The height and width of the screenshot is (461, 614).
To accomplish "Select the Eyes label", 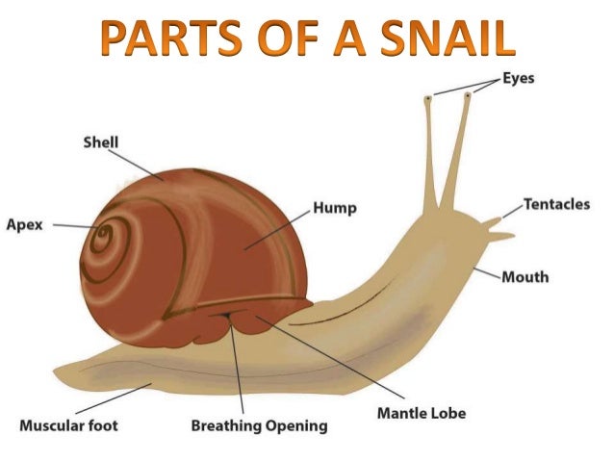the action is click(516, 78).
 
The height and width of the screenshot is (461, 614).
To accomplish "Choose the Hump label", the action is click(335, 208).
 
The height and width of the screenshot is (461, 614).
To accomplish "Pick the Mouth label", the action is click(524, 277).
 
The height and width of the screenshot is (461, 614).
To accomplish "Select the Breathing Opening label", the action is click(259, 424).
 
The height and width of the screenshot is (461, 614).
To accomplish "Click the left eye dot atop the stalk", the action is click(428, 96).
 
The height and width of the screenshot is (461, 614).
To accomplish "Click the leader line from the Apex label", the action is click(72, 227).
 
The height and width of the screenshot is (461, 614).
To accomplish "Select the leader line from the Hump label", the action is click(279, 228).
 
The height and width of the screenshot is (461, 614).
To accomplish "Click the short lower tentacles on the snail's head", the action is click(497, 228).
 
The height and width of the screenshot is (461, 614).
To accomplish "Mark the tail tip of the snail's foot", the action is click(58, 370).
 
